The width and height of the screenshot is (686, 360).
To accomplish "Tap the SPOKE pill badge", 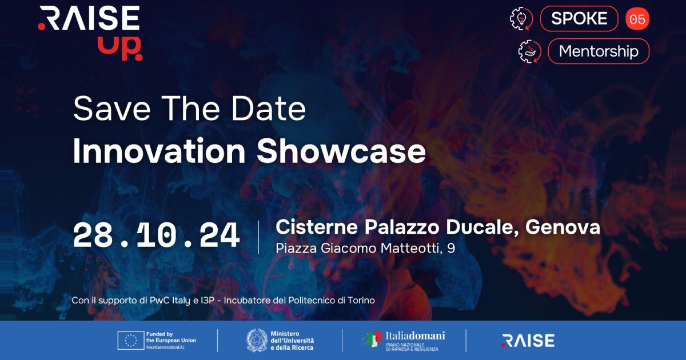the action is (579, 19).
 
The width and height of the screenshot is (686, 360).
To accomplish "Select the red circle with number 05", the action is (637, 19).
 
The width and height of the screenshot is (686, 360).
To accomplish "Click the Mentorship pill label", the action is (599, 51).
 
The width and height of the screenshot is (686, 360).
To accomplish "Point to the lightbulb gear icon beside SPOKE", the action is (521, 19).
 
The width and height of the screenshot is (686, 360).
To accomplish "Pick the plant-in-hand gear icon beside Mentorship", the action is (529, 51).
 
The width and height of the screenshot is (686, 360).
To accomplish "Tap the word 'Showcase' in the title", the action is (341, 151).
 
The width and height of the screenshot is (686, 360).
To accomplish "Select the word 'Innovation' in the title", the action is (159, 151).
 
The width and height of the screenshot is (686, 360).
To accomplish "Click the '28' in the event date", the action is (93, 235).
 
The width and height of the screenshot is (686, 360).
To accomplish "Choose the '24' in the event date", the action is (220, 235).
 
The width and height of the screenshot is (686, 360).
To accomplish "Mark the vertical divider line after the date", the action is (258, 237).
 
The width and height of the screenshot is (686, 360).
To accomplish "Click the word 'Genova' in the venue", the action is (563, 227).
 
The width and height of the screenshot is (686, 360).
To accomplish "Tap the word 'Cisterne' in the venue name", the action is (317, 227).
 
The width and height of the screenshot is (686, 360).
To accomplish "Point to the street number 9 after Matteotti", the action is (451, 248).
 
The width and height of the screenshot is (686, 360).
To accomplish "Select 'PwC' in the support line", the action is (159, 301).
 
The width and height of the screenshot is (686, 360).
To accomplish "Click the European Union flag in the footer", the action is (131, 341).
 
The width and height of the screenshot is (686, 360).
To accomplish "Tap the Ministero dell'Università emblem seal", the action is (257, 341).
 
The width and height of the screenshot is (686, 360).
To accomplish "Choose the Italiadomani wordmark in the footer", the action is (415, 336).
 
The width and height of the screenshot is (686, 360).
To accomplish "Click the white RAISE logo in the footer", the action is (528, 341).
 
